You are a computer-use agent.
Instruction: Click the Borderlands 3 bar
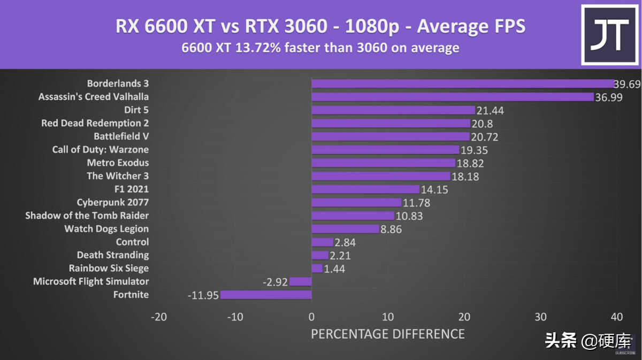[463, 83]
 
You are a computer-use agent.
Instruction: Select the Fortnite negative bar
[266, 295]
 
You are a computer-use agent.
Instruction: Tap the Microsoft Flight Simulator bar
[300, 281]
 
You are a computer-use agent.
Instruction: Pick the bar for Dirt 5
[393, 110]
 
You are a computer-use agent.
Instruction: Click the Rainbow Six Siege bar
[317, 268]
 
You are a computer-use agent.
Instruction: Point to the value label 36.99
[609, 97]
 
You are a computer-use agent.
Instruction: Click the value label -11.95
[203, 295]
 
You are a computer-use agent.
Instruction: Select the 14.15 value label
[434, 189]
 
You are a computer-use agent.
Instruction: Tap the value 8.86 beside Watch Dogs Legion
[391, 229]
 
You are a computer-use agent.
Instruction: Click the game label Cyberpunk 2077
[113, 202]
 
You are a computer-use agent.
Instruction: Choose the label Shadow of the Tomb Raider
[87, 216]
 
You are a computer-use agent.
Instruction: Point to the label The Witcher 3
[118, 176]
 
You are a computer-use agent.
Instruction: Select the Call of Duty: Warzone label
[101, 150]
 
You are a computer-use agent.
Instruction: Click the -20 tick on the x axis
[158, 317]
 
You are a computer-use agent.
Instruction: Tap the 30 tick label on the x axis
[540, 317]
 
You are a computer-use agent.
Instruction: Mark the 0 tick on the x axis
[311, 317]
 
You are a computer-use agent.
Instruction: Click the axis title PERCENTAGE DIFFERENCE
[388, 334]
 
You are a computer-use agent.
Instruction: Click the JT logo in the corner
[609, 35]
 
